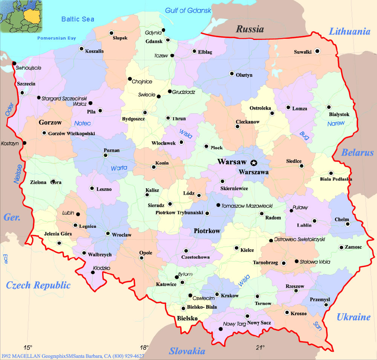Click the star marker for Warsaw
(254, 163)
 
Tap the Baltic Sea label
(78, 19)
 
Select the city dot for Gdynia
(163, 30)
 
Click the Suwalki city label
(302, 52)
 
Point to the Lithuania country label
(349, 32)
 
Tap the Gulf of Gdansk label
(188, 11)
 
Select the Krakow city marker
(217, 294)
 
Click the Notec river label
(83, 123)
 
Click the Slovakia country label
(187, 351)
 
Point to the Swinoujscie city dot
(14, 63)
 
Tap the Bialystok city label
(339, 114)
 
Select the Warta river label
(119, 168)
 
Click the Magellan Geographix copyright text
(72, 356)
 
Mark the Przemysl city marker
(326, 304)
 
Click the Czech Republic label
(38, 285)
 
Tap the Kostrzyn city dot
(25, 143)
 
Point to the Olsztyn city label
(244, 75)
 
